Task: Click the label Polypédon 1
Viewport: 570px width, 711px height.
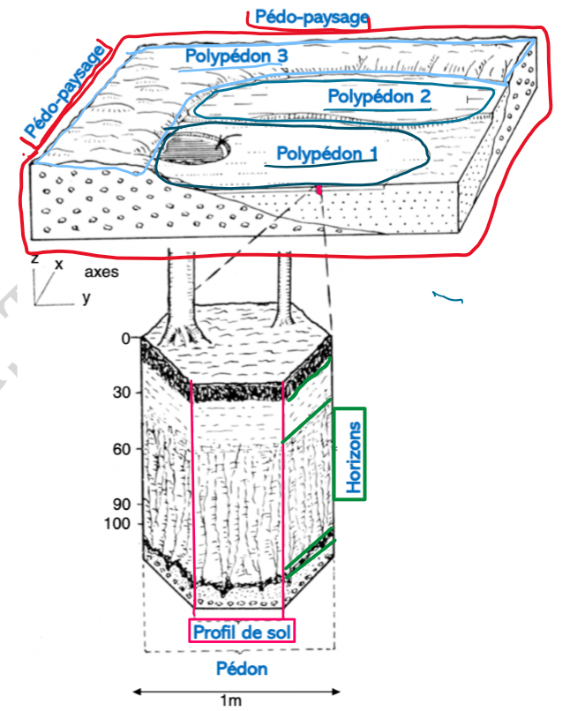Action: point(326,153)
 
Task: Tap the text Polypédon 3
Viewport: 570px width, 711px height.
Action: point(237,56)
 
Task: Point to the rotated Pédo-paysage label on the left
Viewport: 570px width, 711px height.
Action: point(64,94)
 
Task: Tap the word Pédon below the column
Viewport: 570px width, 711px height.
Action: point(242,669)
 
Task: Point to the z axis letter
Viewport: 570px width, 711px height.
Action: point(34,262)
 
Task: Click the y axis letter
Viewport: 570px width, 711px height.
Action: point(86,297)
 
